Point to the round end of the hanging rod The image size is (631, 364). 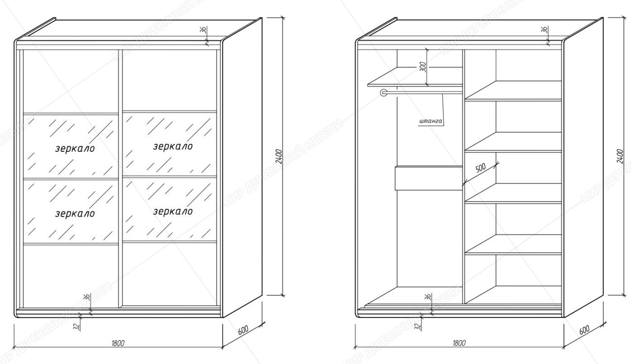(384, 93)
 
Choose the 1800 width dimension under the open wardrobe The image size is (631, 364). (459, 343)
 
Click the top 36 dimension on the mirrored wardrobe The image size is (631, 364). (203, 30)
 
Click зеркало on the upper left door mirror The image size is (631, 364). (75, 148)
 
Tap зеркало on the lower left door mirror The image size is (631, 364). (75, 213)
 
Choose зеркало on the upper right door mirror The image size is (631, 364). (172, 146)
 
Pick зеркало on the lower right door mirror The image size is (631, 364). (172, 211)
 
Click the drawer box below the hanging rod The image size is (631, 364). (428, 178)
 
